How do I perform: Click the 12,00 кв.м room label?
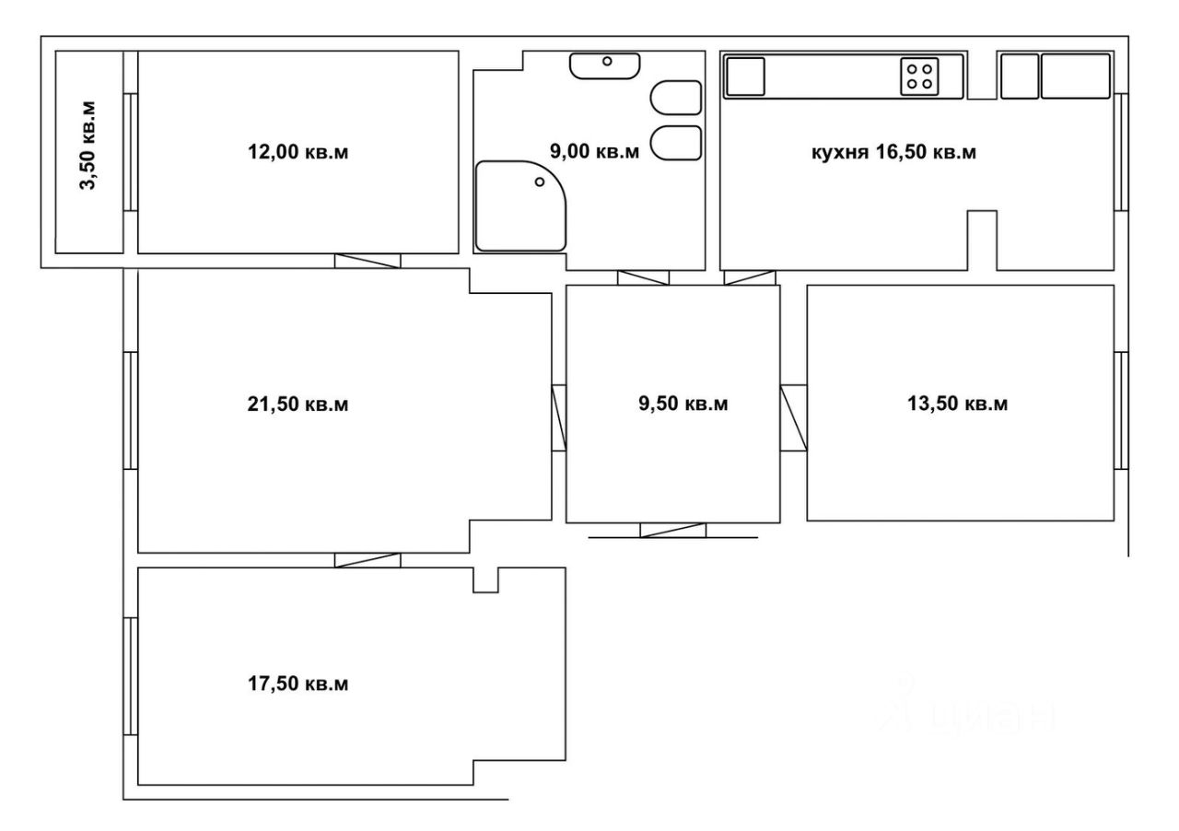(x=298, y=152)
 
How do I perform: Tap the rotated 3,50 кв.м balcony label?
(x=88, y=146)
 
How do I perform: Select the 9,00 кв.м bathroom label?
(x=595, y=152)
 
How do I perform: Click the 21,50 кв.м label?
(x=298, y=404)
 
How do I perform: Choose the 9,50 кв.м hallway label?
(x=683, y=404)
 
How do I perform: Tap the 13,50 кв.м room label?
(x=957, y=404)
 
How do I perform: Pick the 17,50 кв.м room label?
(x=298, y=684)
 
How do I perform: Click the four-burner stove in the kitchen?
(x=919, y=76)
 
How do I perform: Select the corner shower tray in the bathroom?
(x=520, y=206)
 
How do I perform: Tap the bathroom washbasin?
(x=605, y=65)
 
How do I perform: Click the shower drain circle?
(x=540, y=181)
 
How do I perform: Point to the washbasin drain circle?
(x=607, y=61)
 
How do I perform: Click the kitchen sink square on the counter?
(x=745, y=76)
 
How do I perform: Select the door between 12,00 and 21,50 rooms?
(x=368, y=262)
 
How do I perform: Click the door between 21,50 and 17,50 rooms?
(x=368, y=560)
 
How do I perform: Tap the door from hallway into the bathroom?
(x=643, y=277)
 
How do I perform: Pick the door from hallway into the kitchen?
(x=750, y=277)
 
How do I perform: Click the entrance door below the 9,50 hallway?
(x=672, y=531)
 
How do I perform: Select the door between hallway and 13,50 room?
(x=794, y=418)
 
